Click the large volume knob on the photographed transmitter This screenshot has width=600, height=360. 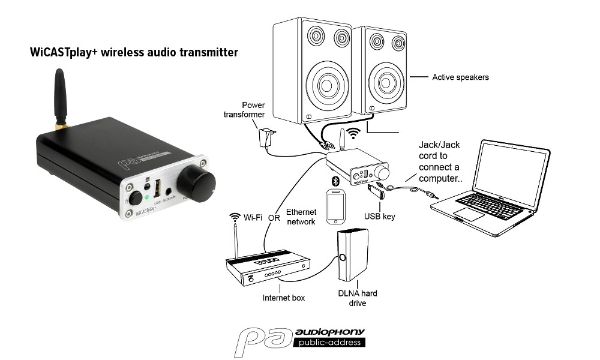196,183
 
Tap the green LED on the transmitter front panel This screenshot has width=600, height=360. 146,198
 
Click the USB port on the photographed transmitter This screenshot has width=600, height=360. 157,188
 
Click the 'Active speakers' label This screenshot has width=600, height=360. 460,77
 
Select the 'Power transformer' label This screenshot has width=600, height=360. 244,110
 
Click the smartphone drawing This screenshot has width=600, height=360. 335,206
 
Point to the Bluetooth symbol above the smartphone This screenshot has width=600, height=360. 335,181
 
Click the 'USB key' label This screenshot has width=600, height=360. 379,217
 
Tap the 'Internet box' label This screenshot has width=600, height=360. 284,298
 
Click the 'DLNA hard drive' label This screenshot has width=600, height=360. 358,298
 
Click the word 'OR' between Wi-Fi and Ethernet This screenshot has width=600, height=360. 274,218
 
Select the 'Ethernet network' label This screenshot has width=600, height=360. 301,217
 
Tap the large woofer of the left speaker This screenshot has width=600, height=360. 326,85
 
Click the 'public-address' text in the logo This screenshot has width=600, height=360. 329,343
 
